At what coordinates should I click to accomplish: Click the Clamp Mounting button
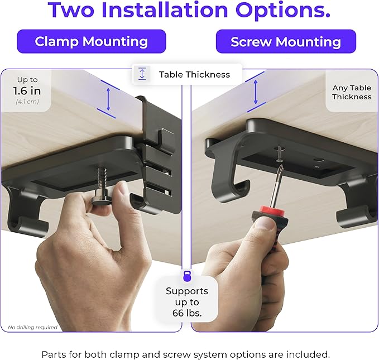[91, 42]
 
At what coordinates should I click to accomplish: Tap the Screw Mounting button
[286, 42]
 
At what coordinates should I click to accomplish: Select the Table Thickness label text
[194, 74]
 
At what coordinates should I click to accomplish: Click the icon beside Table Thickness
[142, 74]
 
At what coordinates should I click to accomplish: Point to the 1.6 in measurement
[27, 91]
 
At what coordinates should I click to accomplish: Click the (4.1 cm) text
[27, 102]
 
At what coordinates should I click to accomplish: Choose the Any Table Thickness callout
[352, 92]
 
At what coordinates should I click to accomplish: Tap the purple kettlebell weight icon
[187, 276]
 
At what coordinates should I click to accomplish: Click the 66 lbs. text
[187, 313]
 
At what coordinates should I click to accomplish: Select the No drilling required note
[32, 327]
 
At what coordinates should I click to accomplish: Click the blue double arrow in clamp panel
[109, 99]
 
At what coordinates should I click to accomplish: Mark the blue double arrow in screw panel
[256, 91]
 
